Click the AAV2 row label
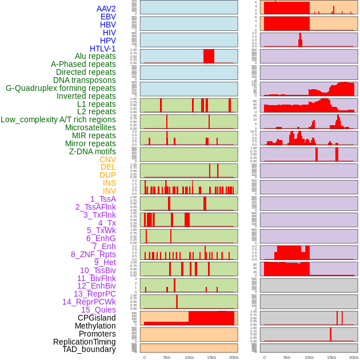(106, 9)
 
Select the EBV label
(108, 17)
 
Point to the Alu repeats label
(95, 57)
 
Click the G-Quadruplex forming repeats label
(61, 89)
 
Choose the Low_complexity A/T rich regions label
(58, 120)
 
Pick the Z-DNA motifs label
(92, 151)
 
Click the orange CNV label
(107, 159)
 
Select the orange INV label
(109, 191)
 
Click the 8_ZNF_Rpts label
(93, 254)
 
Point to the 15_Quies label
(98, 310)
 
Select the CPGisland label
(97, 318)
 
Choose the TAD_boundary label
(89, 349)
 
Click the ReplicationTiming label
(84, 342)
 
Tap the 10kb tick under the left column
(189, 357)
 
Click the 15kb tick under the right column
(331, 357)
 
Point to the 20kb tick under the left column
(234, 357)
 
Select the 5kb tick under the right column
(287, 357)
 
